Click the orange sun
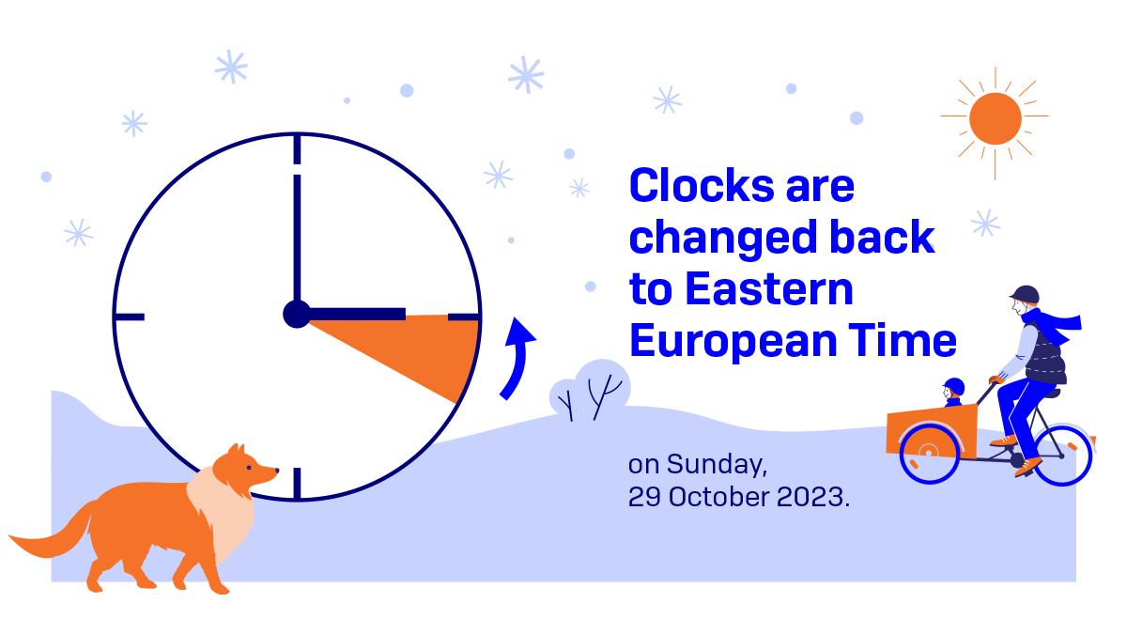995,118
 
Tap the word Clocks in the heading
702,186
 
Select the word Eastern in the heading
769,289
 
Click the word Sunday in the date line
717,464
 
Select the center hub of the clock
297,315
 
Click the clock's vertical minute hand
297,238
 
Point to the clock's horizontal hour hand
357,315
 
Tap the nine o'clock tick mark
130,317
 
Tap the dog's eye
250,468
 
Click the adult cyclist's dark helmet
1025,295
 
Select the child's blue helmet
954,387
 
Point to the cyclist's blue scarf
1053,325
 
